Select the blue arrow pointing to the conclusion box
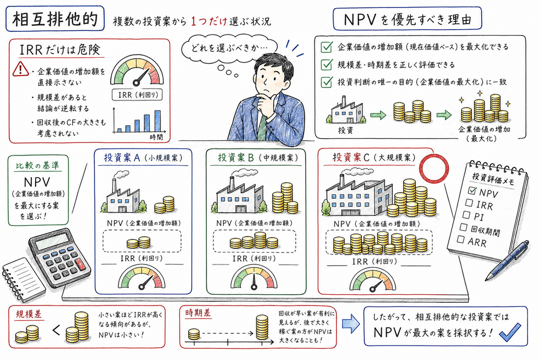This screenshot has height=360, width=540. coord(350,325)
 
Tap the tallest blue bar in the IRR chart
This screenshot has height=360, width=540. coord(157,121)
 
